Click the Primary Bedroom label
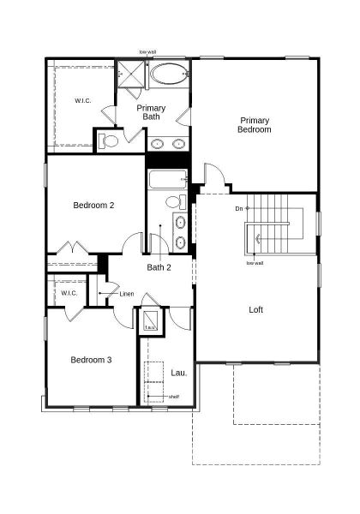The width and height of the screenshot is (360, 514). pyautogui.click(x=255, y=125)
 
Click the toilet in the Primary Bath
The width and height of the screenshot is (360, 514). pyautogui.click(x=109, y=141)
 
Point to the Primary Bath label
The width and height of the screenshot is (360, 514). pyautogui.click(x=152, y=112)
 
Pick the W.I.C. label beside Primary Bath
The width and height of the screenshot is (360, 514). pyautogui.click(x=83, y=100)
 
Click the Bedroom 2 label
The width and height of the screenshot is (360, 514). pyautogui.click(x=93, y=206)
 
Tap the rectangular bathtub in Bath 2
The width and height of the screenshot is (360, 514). pyautogui.click(x=167, y=180)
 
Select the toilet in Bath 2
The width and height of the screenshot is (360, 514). pyautogui.click(x=173, y=203)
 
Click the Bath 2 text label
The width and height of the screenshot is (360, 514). pyautogui.click(x=159, y=267)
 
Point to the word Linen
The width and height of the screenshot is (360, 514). pyautogui.click(x=127, y=294)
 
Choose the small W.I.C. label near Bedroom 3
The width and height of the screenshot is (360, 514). pyautogui.click(x=69, y=293)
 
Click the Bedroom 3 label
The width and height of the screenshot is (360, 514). pyautogui.click(x=91, y=360)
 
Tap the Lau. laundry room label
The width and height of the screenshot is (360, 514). pyautogui.click(x=179, y=373)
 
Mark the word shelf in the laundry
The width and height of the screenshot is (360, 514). pyautogui.click(x=173, y=397)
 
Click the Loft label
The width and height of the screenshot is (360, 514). pyautogui.click(x=255, y=310)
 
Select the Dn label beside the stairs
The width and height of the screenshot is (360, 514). pyautogui.click(x=238, y=208)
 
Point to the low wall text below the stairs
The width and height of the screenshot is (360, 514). pyautogui.click(x=255, y=263)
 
